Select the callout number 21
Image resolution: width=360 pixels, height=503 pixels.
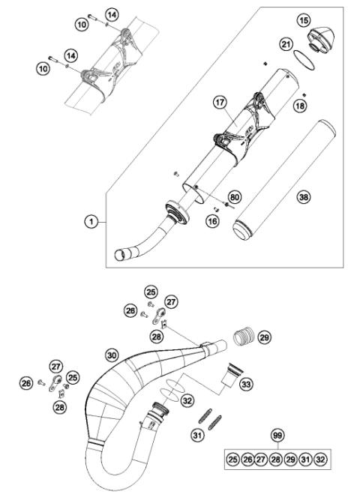tap(286, 46)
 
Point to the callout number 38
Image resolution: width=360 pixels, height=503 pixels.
tap(303, 196)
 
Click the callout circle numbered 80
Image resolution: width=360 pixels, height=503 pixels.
tap(235, 197)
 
